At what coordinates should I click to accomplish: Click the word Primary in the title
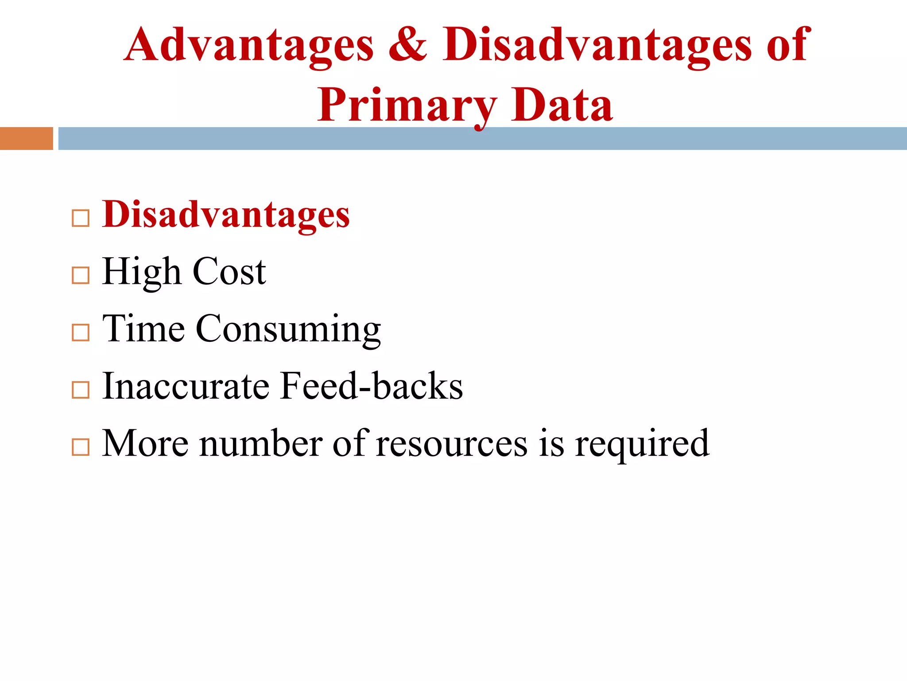click(x=407, y=106)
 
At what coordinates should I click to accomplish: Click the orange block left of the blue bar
click(x=26, y=138)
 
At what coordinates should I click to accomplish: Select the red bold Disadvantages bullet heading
click(x=226, y=215)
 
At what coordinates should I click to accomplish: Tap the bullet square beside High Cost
click(x=81, y=275)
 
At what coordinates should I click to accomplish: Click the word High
click(x=141, y=272)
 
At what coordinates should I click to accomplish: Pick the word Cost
click(x=229, y=272)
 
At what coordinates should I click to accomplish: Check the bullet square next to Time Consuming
click(x=81, y=333)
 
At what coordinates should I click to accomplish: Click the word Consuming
click(x=288, y=329)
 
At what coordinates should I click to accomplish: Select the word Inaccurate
click(x=185, y=386)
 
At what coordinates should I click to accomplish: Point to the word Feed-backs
click(x=372, y=386)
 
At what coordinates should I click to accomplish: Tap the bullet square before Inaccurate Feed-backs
click(x=81, y=390)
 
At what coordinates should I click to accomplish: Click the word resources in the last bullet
click(x=452, y=443)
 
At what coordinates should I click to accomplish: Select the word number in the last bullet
click(x=261, y=443)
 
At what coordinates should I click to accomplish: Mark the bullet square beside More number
click(x=81, y=447)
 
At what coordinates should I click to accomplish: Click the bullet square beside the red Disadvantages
click(x=81, y=219)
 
